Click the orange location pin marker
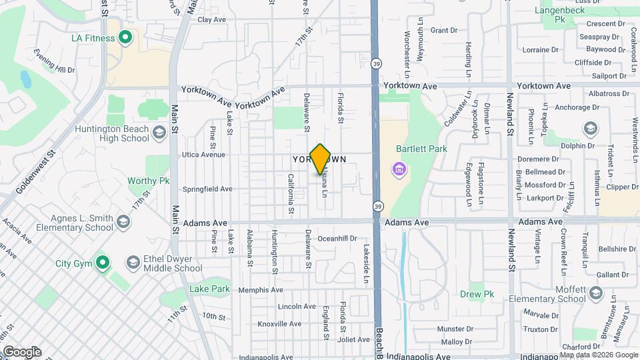pyautogui.click(x=321, y=159)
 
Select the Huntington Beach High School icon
pyautogui.click(x=159, y=133)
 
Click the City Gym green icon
pyautogui.click(x=101, y=263)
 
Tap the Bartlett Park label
pyautogui.click(x=421, y=149)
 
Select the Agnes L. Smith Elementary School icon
pyautogui.click(x=123, y=221)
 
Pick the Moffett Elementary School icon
pyautogui.click(x=595, y=294)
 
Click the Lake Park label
pyautogui.click(x=209, y=289)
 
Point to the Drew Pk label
pyautogui.click(x=477, y=294)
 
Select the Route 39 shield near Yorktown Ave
pyautogui.click(x=377, y=63)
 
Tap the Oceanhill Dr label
pyautogui.click(x=337, y=238)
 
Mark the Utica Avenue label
pyautogui.click(x=204, y=155)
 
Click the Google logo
pyautogui.click(x=21, y=352)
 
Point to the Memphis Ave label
pyautogui.click(x=261, y=290)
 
